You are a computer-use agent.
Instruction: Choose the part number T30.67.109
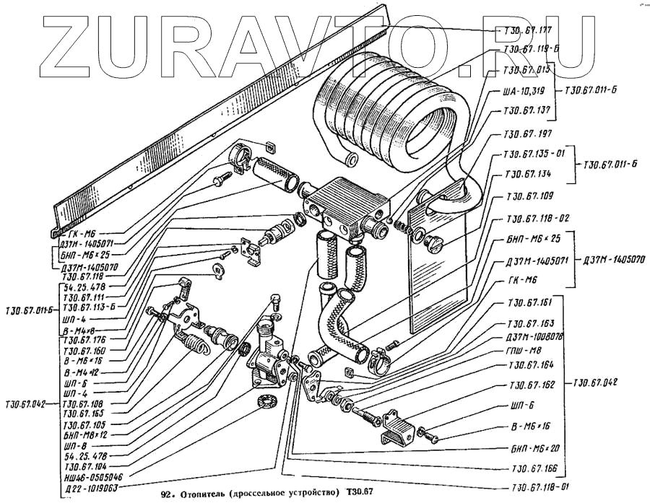[529, 196]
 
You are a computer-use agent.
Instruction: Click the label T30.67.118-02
[533, 218]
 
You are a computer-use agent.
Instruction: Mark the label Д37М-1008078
[534, 336]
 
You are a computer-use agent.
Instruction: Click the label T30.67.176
[85, 340]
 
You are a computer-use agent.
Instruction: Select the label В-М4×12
[82, 372]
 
